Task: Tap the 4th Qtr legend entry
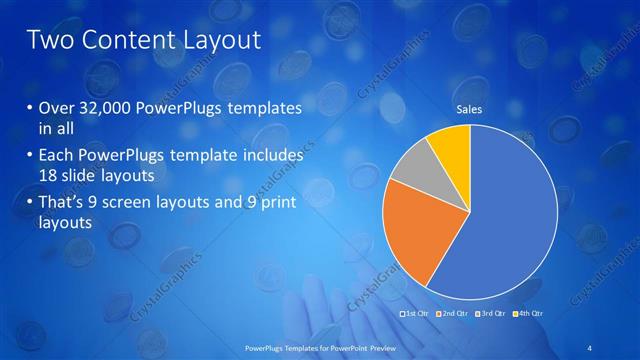(x=529, y=314)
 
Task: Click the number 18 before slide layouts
(x=49, y=175)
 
